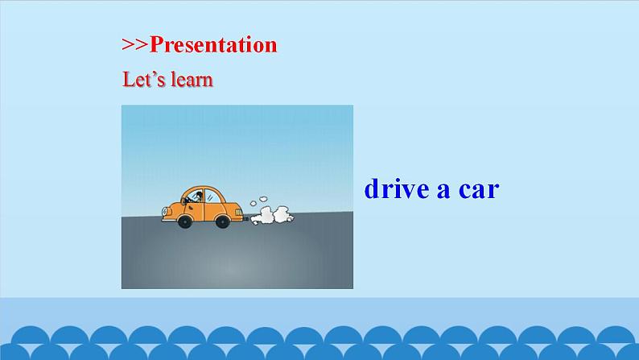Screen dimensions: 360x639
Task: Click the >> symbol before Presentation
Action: tap(135, 45)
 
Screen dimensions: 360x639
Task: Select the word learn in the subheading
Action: tap(192, 80)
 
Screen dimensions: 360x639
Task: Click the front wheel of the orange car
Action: tap(185, 221)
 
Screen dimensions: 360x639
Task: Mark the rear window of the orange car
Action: tap(216, 196)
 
